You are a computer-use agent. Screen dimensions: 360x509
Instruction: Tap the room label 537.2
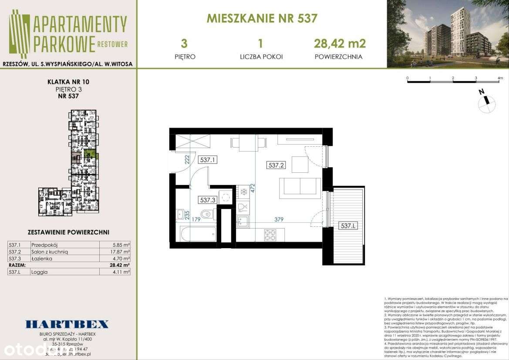pyautogui.click(x=276, y=165)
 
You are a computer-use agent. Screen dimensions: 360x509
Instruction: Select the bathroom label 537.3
pyautogui.click(x=208, y=200)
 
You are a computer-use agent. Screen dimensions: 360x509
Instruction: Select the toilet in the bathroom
pyautogui.click(x=207, y=214)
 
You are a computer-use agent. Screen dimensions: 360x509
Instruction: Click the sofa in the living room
pyautogui.click(x=300, y=187)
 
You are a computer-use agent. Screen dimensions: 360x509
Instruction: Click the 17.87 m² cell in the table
pyautogui.click(x=121, y=252)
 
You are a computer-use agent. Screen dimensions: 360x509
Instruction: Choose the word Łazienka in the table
pyautogui.click(x=42, y=258)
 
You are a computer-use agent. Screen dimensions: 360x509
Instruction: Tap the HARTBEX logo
pyautogui.click(x=67, y=324)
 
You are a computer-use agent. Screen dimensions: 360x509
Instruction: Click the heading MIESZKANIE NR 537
pyautogui.click(x=262, y=18)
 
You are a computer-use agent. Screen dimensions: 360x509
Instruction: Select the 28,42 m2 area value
pyautogui.click(x=340, y=43)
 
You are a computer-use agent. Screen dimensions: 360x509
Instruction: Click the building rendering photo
pyautogui.click(x=448, y=34)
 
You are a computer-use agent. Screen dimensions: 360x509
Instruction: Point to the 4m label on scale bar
pyautogui.click(x=500, y=78)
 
